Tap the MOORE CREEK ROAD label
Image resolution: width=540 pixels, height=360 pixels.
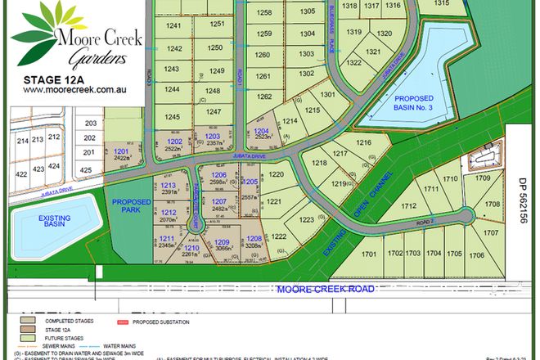pyautogui.click(x=326, y=290)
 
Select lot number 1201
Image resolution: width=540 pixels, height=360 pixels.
pyautogui.click(x=122, y=153)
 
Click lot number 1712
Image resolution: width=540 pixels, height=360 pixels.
pyautogui.click(x=409, y=207)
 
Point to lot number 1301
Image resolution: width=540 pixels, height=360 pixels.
pyautogui.click(x=327, y=95)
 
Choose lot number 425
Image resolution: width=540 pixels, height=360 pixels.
pyautogui.click(x=86, y=171)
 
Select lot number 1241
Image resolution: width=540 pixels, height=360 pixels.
pyautogui.click(x=173, y=27)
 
